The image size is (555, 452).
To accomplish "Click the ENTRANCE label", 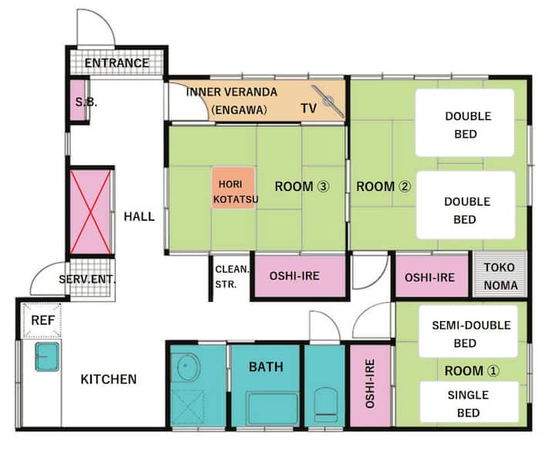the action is [116, 63].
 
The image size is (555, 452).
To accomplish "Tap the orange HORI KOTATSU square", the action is [234, 187].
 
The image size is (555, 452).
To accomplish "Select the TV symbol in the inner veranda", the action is [328, 101].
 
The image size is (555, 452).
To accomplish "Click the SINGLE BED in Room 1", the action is [469, 402].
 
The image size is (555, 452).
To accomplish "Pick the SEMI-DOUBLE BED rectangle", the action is [469, 331].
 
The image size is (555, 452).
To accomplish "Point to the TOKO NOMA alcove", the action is [500, 274].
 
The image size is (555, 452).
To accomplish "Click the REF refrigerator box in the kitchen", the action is [42, 320].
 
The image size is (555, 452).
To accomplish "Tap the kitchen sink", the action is [47, 357].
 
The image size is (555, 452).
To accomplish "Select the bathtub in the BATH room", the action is [273, 408].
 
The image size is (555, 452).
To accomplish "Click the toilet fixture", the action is [325, 404].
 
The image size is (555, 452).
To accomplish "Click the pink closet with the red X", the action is [91, 212].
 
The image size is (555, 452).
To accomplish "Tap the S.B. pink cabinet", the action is [78, 100].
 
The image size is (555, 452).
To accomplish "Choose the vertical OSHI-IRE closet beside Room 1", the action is [370, 385].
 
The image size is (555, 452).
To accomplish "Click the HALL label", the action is [139, 216].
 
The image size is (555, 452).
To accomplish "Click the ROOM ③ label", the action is [302, 186].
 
